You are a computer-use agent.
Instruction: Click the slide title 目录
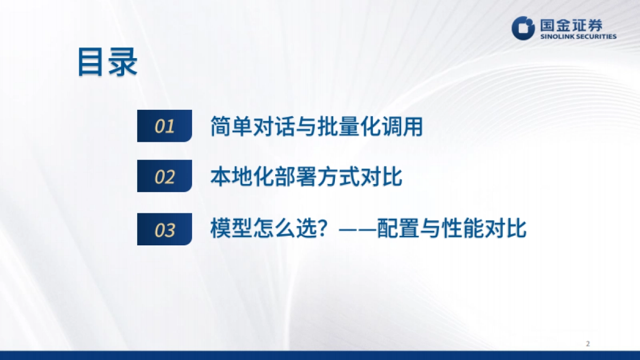pyautogui.click(x=107, y=63)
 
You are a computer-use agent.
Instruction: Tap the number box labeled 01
pyautogui.click(x=164, y=126)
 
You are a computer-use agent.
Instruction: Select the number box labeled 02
pyautogui.click(x=164, y=177)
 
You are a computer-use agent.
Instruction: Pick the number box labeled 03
pyautogui.click(x=164, y=230)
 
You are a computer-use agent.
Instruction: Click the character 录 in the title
pyautogui.click(x=123, y=63)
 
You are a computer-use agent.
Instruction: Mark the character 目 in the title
pyautogui.click(x=91, y=63)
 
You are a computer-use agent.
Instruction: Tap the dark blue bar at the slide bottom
pyautogui.click(x=320, y=355)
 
